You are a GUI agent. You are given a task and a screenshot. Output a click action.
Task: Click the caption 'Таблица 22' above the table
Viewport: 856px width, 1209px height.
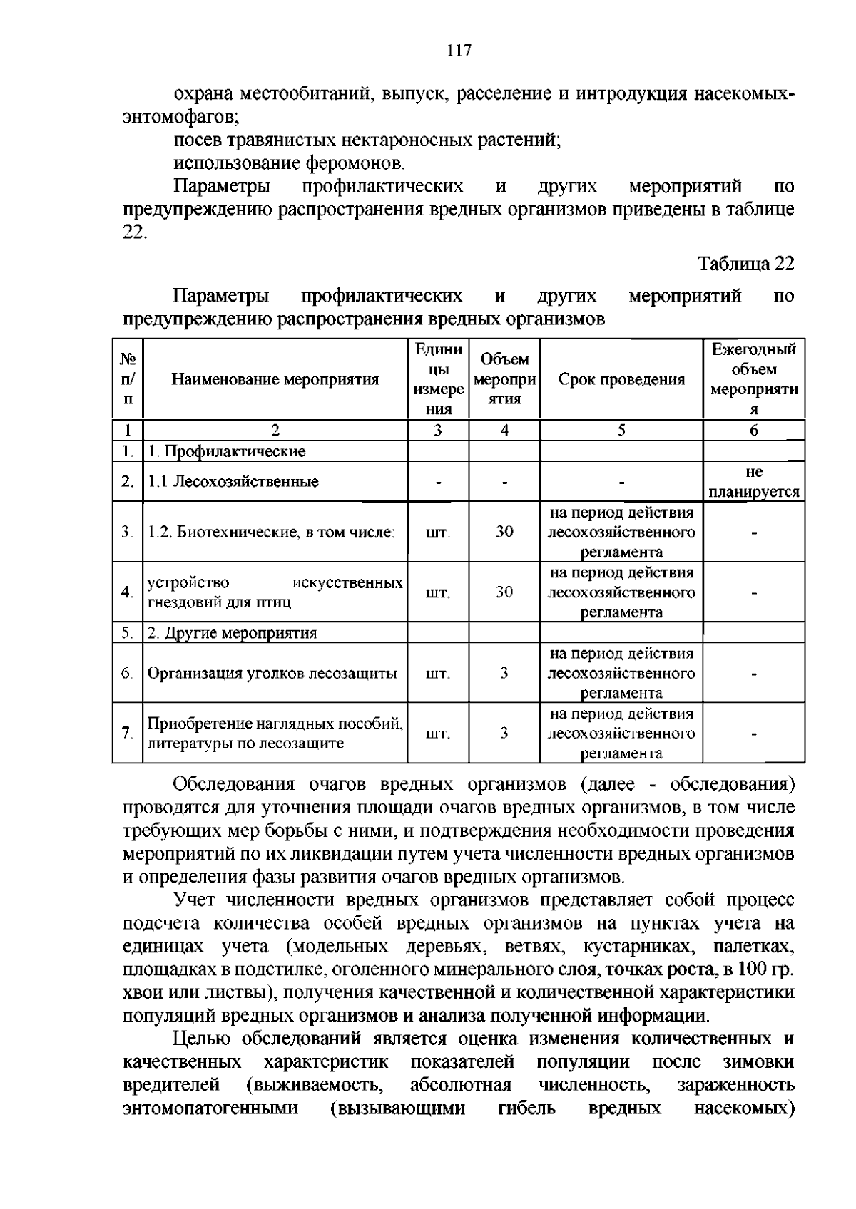click(x=745, y=264)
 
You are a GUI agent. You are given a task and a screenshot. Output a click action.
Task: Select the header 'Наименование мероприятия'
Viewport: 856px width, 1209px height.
click(x=275, y=379)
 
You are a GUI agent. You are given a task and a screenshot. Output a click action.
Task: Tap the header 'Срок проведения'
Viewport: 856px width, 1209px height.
click(x=621, y=379)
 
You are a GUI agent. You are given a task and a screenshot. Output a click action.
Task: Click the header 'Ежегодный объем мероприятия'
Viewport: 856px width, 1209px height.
click(x=754, y=379)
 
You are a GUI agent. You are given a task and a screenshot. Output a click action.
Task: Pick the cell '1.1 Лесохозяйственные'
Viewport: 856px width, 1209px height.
click(x=233, y=482)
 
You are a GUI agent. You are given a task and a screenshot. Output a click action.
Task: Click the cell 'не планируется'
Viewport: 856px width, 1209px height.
click(x=754, y=482)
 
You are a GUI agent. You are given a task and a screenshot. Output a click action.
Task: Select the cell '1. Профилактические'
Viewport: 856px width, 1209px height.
click(x=227, y=451)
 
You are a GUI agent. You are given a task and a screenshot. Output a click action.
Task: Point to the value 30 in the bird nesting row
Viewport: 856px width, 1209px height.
click(x=504, y=592)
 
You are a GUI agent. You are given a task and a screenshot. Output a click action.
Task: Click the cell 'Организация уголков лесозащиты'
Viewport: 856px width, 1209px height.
click(x=272, y=674)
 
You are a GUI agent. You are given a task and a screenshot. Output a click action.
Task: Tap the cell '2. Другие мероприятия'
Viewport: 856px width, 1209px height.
click(x=233, y=633)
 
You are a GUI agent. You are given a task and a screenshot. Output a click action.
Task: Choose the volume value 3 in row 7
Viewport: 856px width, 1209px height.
click(x=504, y=734)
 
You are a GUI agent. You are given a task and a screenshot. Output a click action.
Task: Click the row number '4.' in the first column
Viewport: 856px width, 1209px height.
click(x=127, y=592)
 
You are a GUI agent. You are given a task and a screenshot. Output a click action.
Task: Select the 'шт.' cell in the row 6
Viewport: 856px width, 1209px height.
click(x=437, y=674)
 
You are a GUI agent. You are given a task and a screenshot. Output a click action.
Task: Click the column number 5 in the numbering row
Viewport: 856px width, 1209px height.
click(x=621, y=431)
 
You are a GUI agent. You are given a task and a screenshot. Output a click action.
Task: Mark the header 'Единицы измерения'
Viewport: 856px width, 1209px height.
click(x=438, y=379)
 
